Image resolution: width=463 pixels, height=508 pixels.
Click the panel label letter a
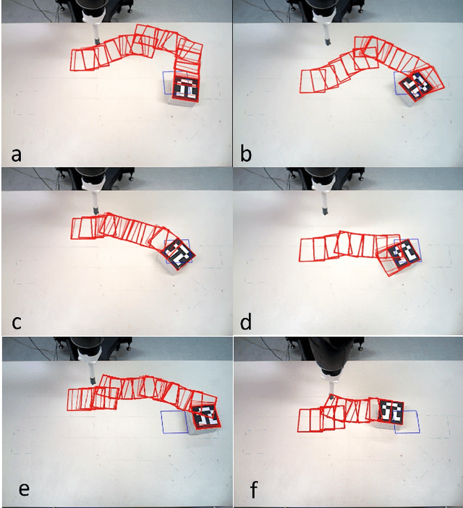16,155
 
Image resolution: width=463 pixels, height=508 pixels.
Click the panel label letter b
246,153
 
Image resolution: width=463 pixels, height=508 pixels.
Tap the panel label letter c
17,323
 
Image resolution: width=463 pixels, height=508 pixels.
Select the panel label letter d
246,322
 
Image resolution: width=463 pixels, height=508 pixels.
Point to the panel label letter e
24,489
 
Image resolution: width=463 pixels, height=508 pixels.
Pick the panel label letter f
253,489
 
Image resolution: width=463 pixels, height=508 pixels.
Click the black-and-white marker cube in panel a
185,90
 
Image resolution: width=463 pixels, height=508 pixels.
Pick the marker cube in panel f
391,414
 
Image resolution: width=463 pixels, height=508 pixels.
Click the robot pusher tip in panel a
97,41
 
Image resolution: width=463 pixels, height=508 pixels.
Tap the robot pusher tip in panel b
328,42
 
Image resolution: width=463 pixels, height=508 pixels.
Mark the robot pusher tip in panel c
96,210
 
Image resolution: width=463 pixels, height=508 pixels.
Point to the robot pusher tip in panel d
325,211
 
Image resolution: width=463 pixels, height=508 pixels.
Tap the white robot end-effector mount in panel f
331,378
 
